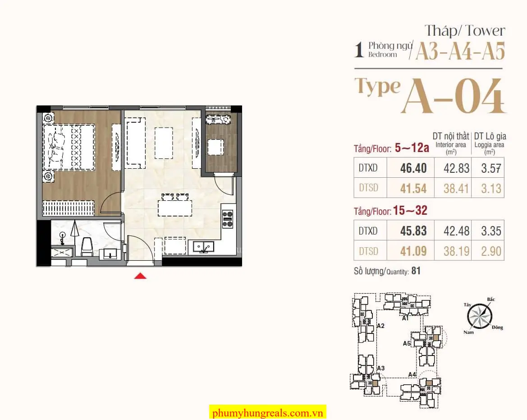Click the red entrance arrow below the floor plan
(140, 276)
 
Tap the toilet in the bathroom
(87, 247)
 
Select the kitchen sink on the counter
(203, 247)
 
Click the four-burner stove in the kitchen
(228, 219)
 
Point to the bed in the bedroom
(69, 147)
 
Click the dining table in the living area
(175, 208)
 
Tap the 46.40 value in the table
(413, 168)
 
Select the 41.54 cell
(413, 188)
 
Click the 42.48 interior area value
(456, 231)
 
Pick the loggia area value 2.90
(491, 251)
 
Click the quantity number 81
(416, 271)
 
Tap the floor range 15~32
(410, 211)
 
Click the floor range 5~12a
(412, 148)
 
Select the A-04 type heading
(454, 96)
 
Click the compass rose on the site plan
(480, 316)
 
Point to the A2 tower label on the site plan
(380, 326)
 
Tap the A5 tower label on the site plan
(407, 343)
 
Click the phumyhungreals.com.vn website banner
(267, 412)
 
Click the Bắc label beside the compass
(490, 299)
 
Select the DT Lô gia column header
(490, 136)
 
